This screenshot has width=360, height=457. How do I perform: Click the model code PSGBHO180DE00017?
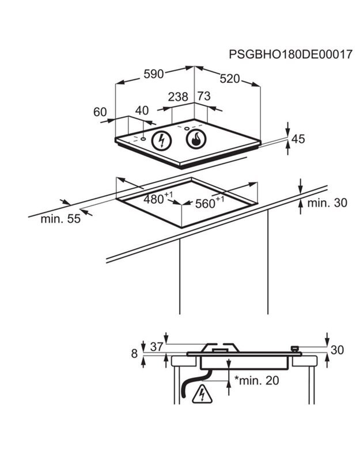[x=290, y=55]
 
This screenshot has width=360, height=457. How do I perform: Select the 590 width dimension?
[x=154, y=74]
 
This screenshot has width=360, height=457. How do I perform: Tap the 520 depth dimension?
[x=230, y=78]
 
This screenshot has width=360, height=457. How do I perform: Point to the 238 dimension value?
[x=178, y=97]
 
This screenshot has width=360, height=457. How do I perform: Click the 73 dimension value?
[x=204, y=96]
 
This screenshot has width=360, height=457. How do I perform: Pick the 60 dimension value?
[x=100, y=112]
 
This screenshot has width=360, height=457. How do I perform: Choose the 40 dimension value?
[x=142, y=111]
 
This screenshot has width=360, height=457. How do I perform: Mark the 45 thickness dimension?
[x=298, y=139]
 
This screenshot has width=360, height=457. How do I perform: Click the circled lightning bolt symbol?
[x=161, y=140]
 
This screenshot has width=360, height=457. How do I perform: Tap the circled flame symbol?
[x=196, y=139]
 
